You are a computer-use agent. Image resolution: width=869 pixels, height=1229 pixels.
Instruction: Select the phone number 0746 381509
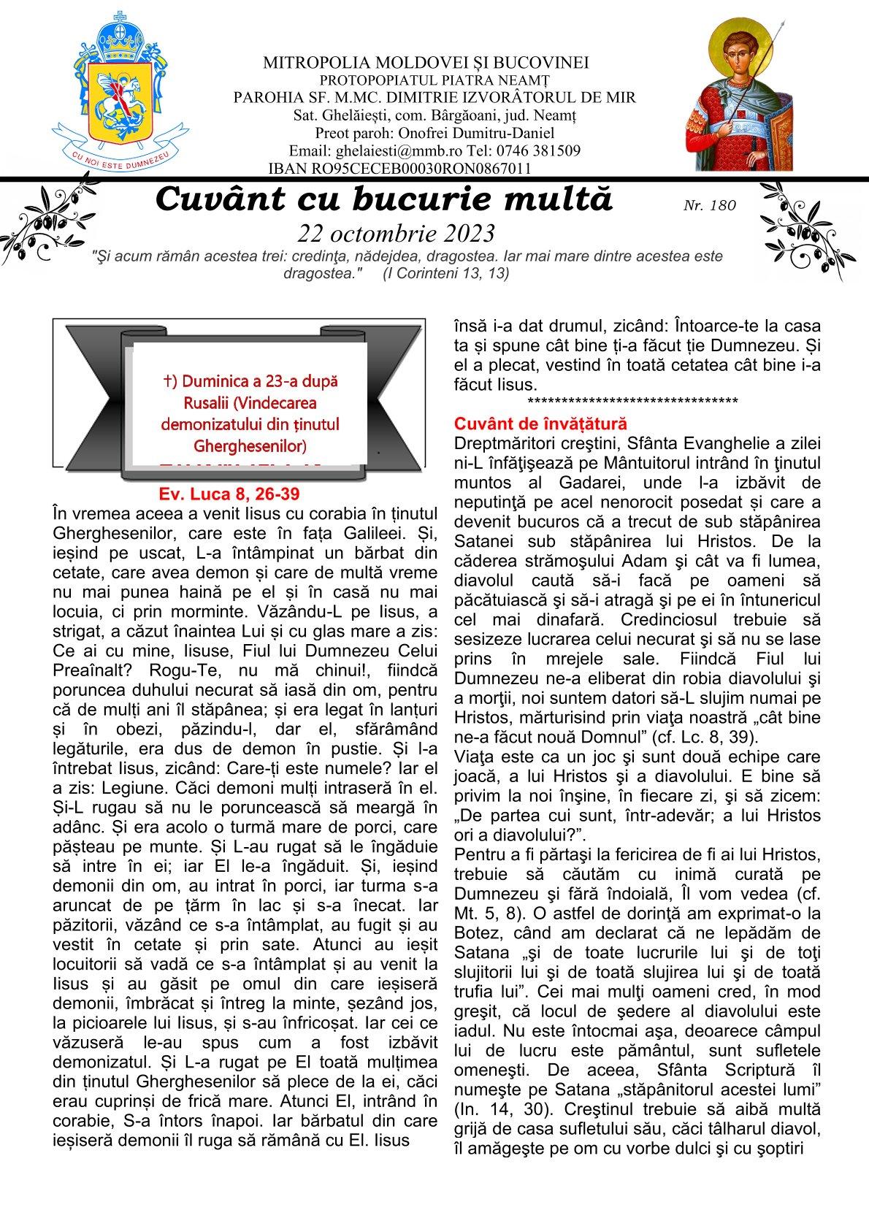tap(524, 151)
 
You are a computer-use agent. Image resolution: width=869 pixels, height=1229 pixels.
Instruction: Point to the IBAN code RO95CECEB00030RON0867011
tap(399, 169)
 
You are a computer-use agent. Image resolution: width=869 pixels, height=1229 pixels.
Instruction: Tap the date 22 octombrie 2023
tap(396, 233)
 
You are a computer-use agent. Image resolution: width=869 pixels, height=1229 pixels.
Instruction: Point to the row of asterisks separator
tap(632, 402)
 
